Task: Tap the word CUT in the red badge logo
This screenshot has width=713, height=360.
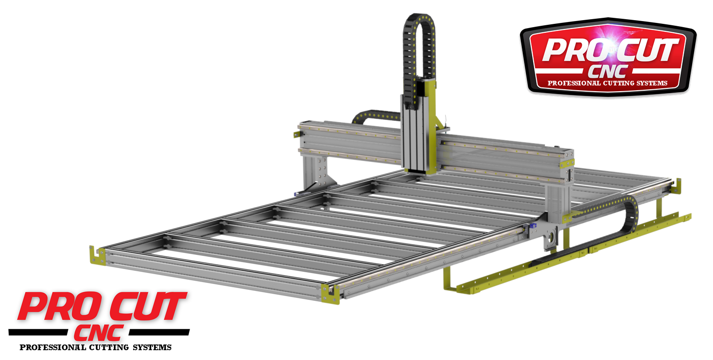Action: click(647, 50)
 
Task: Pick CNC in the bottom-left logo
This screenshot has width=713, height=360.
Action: click(99, 332)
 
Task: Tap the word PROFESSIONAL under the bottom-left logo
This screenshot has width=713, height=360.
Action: click(52, 347)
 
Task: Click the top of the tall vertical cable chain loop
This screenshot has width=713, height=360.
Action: click(419, 19)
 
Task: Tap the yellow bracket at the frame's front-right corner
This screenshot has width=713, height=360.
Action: click(330, 294)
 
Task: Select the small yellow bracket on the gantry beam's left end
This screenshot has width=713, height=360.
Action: click(297, 135)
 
